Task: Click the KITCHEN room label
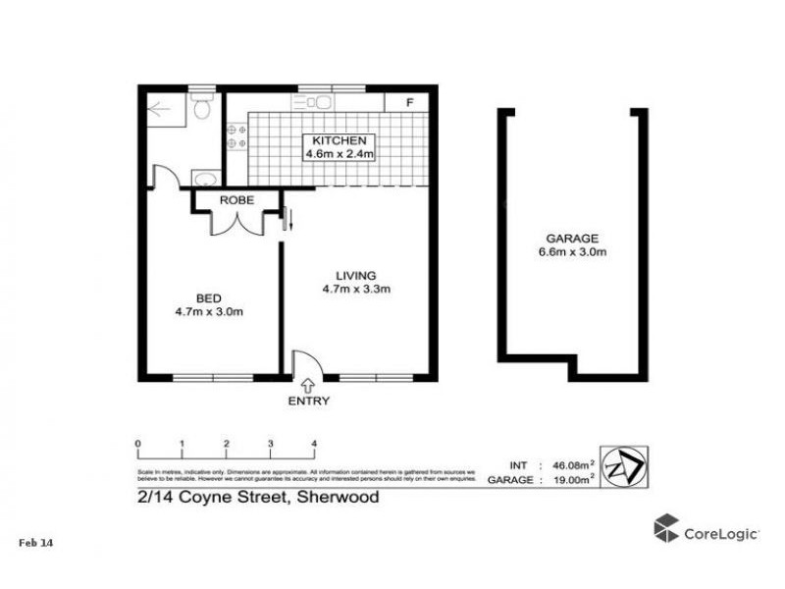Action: click(340, 141)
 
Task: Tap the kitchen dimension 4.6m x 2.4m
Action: click(340, 154)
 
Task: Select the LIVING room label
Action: click(356, 275)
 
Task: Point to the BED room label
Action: click(207, 298)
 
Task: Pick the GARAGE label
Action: click(574, 239)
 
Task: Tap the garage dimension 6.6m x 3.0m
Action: click(574, 252)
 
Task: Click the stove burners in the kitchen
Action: click(235, 136)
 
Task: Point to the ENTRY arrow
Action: click(308, 385)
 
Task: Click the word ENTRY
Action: click(309, 401)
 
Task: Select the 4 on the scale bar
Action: click(314, 444)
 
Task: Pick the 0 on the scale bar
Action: click(138, 444)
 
